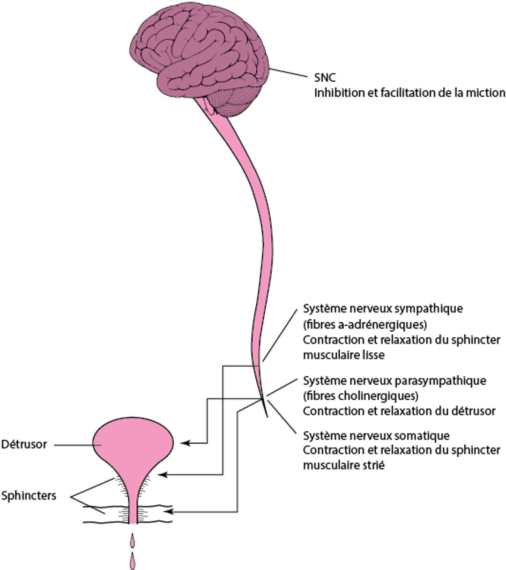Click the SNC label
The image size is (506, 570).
pyautogui.click(x=325, y=77)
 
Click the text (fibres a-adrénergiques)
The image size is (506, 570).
pyautogui.click(x=366, y=324)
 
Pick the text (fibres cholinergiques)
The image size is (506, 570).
pyautogui.click(x=360, y=395)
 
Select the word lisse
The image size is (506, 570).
pyautogui.click(x=373, y=355)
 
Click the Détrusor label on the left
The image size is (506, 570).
pyautogui.click(x=24, y=444)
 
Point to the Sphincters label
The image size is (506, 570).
pyautogui.click(x=29, y=495)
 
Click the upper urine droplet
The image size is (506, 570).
pyautogui.click(x=133, y=540)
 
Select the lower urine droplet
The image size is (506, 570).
pyautogui.click(x=133, y=560)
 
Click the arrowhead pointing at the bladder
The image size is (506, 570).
pyautogui.click(x=186, y=442)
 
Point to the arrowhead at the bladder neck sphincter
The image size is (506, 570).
pyautogui.click(x=163, y=475)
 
